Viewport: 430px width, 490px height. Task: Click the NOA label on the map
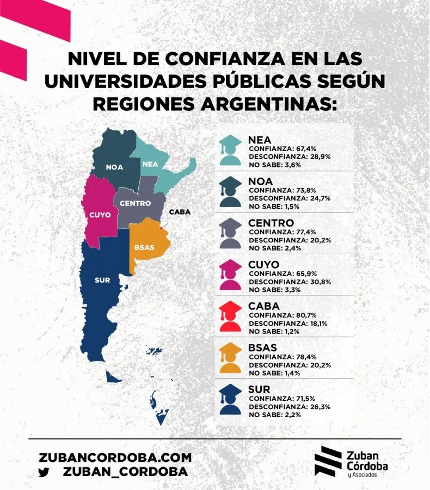tap(114, 167)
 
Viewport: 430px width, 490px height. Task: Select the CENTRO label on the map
tap(135, 203)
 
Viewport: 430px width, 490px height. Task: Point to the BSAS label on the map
tap(144, 247)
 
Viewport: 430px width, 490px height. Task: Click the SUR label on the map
tap(102, 280)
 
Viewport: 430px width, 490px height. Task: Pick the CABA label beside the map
tap(180, 212)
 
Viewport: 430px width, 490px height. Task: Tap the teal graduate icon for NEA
tap(231, 150)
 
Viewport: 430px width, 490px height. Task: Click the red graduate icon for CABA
tap(231, 316)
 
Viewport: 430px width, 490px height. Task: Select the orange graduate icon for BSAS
tap(231, 358)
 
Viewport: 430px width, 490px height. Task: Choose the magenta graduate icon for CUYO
tap(231, 275)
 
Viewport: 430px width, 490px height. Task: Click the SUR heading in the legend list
tap(259, 390)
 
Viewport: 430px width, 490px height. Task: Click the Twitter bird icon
tap(44, 472)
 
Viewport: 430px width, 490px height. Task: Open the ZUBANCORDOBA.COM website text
tap(115, 457)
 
